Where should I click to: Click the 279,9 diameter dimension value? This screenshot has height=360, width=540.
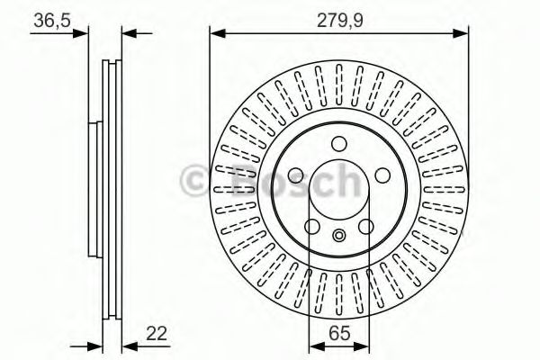click(339, 18)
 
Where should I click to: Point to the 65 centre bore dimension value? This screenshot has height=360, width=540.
click(339, 334)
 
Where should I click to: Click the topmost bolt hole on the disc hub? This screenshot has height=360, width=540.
click(339, 143)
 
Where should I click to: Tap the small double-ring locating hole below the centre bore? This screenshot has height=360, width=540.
click(339, 237)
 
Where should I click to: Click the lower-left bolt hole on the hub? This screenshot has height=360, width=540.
click(315, 225)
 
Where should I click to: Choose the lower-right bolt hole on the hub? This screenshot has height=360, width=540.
click(364, 225)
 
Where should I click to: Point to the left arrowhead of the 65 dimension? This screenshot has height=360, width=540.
click(314, 344)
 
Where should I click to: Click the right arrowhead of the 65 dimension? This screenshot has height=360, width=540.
click(364, 344)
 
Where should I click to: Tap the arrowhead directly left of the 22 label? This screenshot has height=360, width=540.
click(127, 344)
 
